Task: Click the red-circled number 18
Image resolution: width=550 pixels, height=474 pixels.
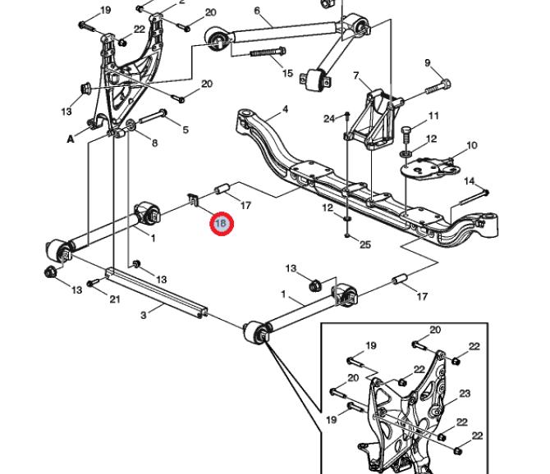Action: (221, 223)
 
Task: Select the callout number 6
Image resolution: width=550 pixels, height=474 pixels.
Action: (257, 11)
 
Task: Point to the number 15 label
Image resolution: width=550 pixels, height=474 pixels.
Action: (287, 74)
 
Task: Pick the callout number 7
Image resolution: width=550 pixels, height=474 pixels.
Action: (356, 76)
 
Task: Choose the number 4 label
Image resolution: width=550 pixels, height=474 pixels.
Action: (285, 109)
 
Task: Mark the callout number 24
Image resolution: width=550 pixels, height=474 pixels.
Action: (328, 119)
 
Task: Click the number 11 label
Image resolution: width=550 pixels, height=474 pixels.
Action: (433, 116)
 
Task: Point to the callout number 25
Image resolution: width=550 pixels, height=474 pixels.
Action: (365, 244)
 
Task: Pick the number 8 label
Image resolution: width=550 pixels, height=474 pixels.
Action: (154, 144)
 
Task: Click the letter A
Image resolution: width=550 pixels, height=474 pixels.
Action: (71, 139)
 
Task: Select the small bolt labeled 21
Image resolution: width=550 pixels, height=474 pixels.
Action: (94, 283)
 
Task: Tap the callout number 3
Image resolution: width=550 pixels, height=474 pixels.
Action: (143, 315)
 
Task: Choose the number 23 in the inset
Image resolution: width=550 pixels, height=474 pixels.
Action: (465, 394)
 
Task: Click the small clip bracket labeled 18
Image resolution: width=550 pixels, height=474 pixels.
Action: (194, 199)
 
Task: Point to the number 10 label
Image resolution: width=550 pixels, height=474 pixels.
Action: (471, 146)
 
